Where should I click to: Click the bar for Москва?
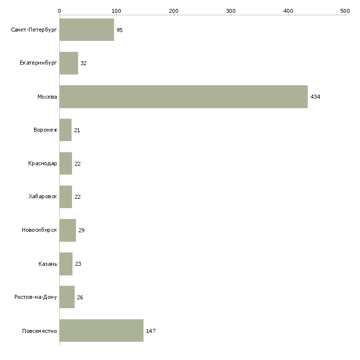pyautogui.click(x=183, y=97)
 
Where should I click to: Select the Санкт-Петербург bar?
pyautogui.click(x=87, y=30)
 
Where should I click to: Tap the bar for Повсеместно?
pyautogui.click(x=102, y=330)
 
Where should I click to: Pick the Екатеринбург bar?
pyautogui.click(x=69, y=63)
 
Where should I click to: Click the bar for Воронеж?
pyautogui.click(x=66, y=130)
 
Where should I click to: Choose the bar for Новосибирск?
pyautogui.click(x=68, y=230)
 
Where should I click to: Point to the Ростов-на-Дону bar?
pyautogui.click(x=67, y=297)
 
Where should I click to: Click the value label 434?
pyautogui.click(x=315, y=97)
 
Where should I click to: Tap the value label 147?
pyautogui.click(x=151, y=331)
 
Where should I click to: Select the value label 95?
pyautogui.click(x=120, y=30)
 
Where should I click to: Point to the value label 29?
pyautogui.click(x=81, y=230)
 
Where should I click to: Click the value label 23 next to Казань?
pyautogui.click(x=78, y=264)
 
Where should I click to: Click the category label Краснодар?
pyautogui.click(x=42, y=163)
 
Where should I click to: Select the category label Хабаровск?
pyautogui.click(x=43, y=197)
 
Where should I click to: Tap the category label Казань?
pyautogui.click(x=48, y=264)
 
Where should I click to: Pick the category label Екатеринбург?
pyautogui.click(x=38, y=63)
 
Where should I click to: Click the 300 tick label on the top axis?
pyautogui.click(x=231, y=11)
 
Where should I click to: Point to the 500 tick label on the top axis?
pyautogui.click(x=345, y=11)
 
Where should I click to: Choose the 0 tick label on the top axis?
pyautogui.click(x=60, y=11)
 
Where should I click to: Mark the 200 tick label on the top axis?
pyautogui.click(x=174, y=11)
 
